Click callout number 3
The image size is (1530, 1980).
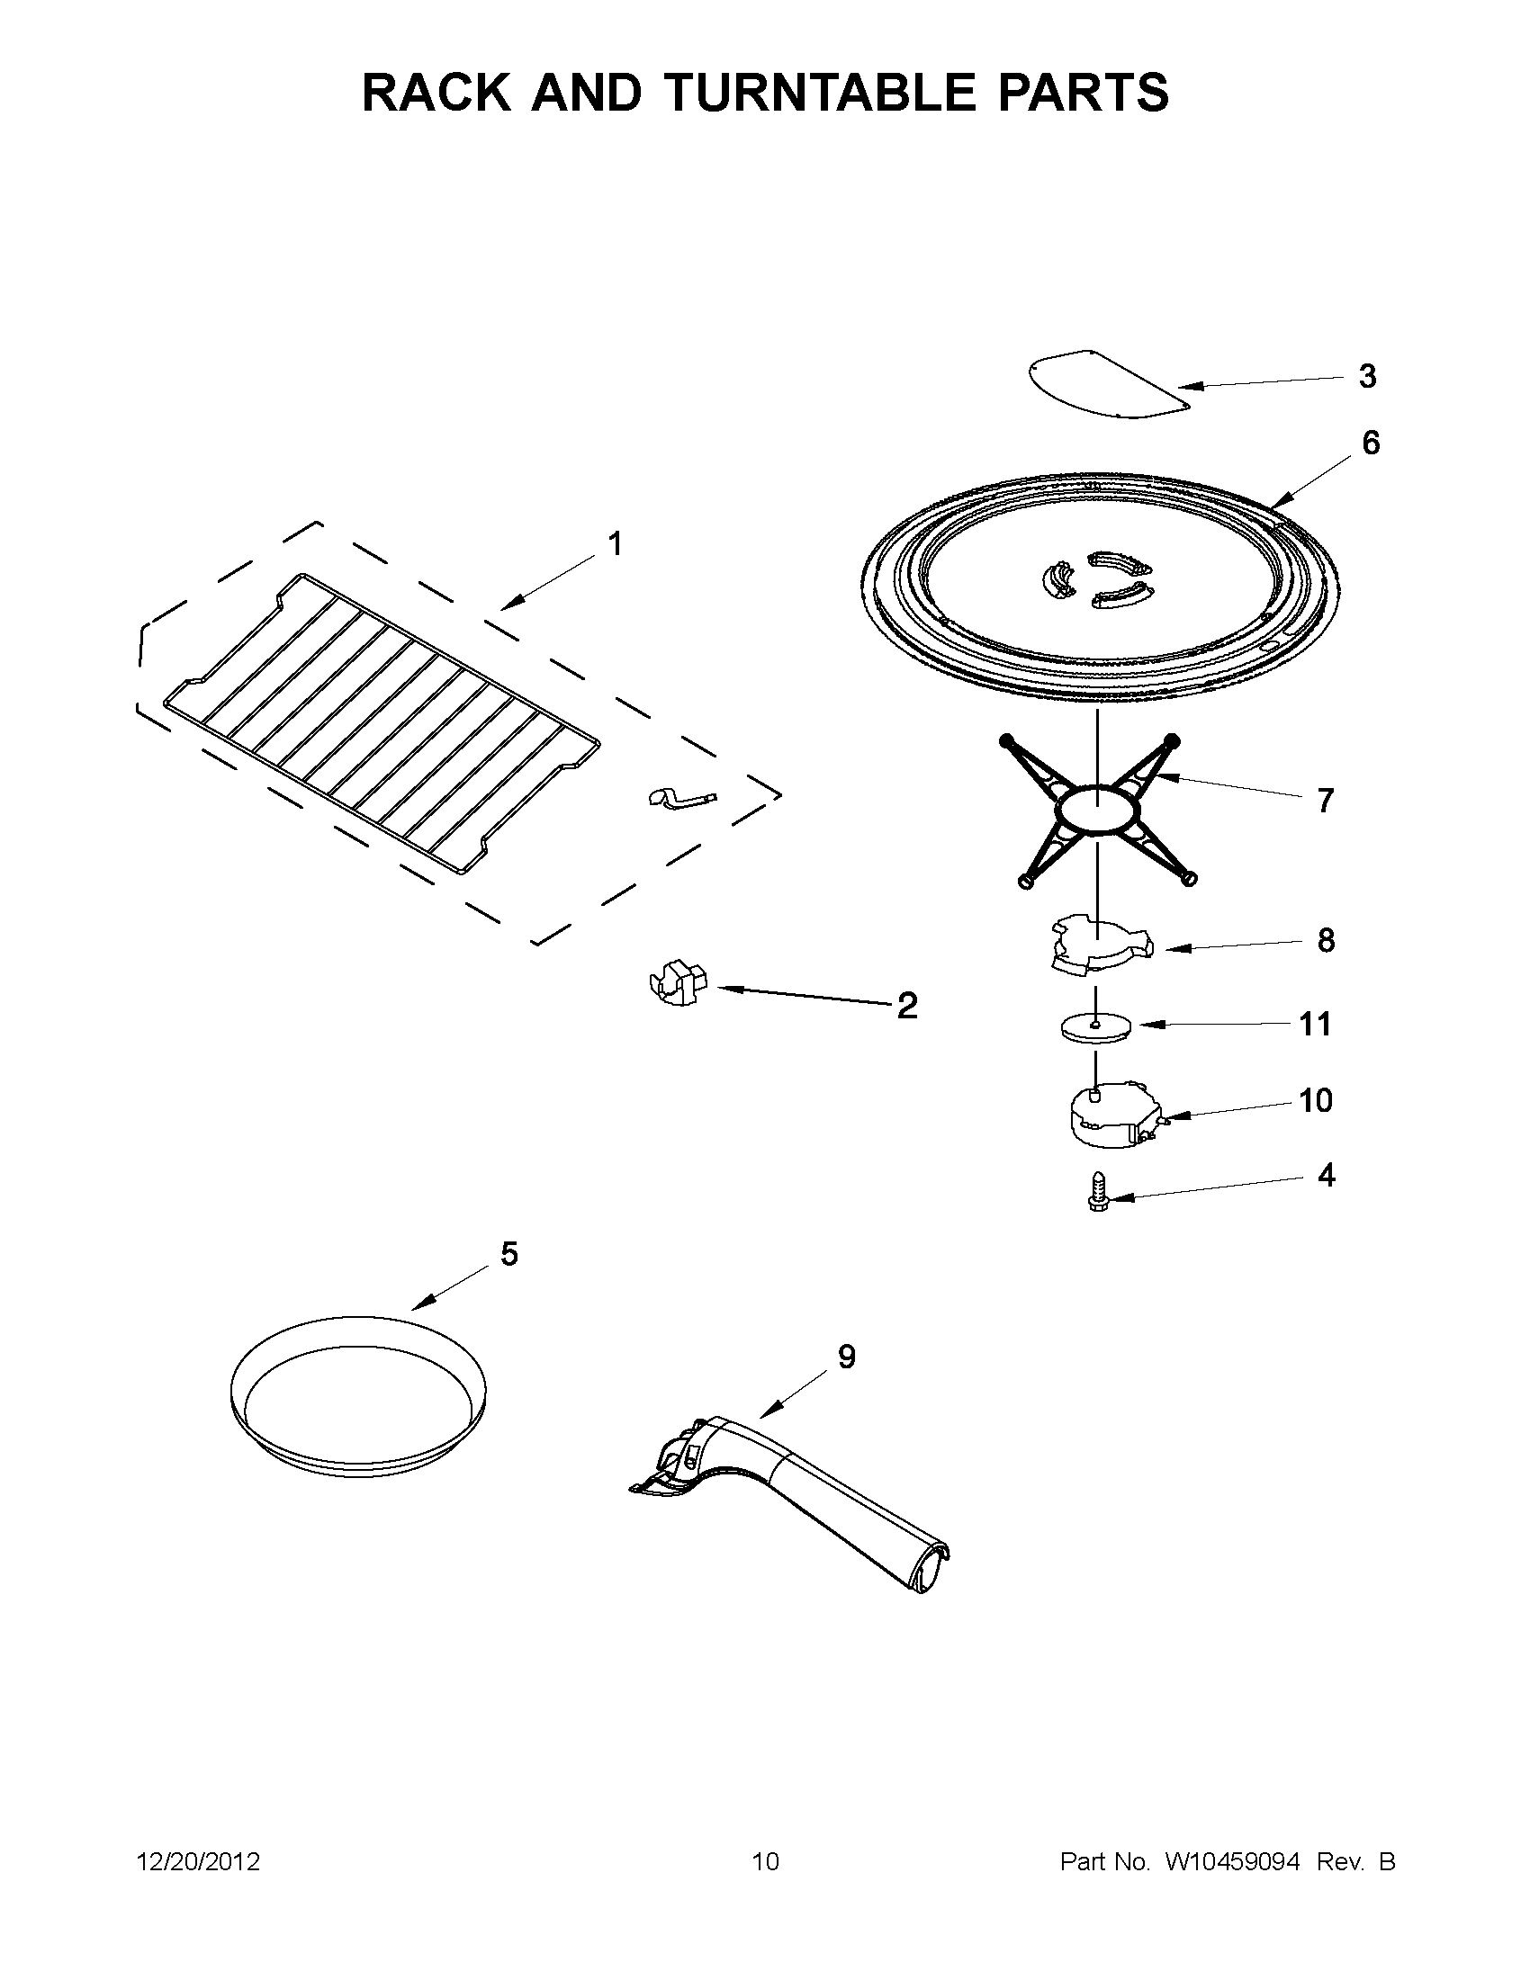(x=1367, y=376)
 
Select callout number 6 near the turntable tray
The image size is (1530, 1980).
(x=1371, y=443)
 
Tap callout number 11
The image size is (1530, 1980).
(x=1315, y=1024)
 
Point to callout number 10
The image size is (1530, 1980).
(x=1315, y=1100)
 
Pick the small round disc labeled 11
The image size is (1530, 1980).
(x=1096, y=1028)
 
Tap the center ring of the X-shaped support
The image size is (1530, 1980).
(x=1097, y=807)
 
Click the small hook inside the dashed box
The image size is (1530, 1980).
(x=681, y=798)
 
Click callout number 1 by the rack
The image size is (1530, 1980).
(x=614, y=545)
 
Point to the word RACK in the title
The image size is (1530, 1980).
(x=437, y=93)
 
